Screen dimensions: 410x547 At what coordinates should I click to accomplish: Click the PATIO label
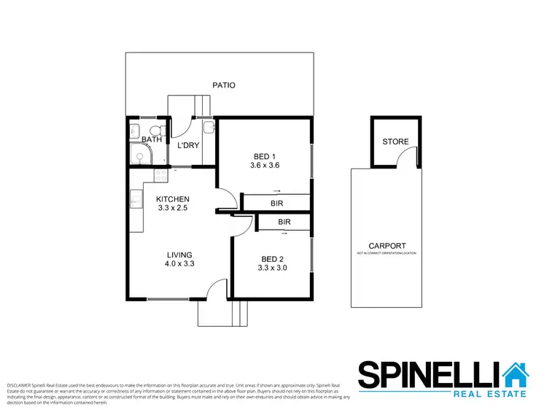coord(224,85)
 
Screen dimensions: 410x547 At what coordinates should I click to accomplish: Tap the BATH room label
coord(152,139)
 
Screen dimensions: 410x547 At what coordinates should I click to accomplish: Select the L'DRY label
coord(188,145)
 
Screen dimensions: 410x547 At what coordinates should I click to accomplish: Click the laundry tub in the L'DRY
coord(209,129)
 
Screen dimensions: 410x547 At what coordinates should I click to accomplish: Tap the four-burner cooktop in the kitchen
coord(160,175)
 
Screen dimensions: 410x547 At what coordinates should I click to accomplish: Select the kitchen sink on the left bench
coord(136,198)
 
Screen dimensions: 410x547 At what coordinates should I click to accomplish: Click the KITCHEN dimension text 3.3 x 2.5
coord(174,208)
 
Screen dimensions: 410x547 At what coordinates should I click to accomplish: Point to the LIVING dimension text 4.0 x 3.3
coord(178,264)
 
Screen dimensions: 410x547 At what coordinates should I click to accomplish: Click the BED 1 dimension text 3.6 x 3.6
coord(264,166)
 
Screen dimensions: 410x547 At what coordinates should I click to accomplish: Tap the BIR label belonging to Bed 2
coord(284,222)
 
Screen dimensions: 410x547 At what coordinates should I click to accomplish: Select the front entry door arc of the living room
coord(214,290)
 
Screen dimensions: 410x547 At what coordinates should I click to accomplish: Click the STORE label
coord(395,142)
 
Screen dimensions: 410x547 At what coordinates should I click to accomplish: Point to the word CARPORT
coord(387,247)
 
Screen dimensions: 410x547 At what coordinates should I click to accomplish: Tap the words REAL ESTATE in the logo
coord(490,394)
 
